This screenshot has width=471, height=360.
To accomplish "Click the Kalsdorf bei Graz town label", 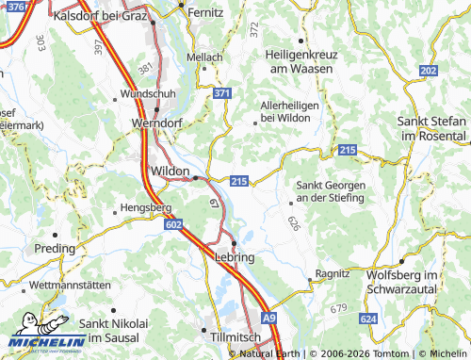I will [x=101, y=16].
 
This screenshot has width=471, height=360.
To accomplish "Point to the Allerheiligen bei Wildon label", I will [x=293, y=111].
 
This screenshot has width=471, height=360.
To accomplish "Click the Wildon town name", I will [x=170, y=171].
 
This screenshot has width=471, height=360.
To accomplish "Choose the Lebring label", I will [x=235, y=256].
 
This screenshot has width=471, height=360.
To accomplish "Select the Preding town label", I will [x=55, y=249].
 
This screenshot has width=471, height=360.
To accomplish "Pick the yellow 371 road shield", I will [x=221, y=94].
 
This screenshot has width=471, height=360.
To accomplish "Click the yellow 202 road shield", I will [x=429, y=72].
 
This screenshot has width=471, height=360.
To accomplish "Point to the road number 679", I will [x=338, y=309].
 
